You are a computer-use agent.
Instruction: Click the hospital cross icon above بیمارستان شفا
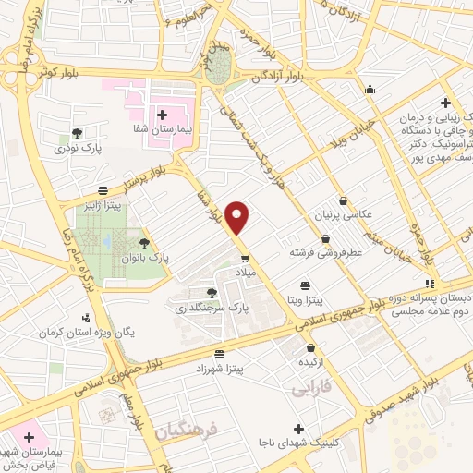(x=162, y=115)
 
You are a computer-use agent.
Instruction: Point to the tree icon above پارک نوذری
(x=77, y=132)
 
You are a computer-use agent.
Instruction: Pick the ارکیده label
(x=310, y=362)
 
